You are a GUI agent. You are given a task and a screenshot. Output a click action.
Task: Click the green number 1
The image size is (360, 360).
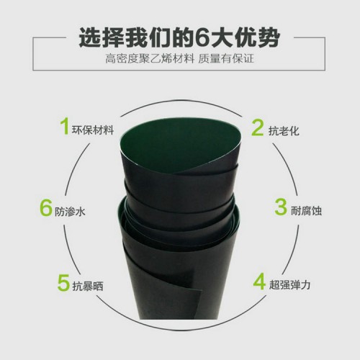(64, 128)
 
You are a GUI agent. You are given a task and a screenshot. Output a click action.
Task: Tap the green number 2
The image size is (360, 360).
(257, 128)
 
